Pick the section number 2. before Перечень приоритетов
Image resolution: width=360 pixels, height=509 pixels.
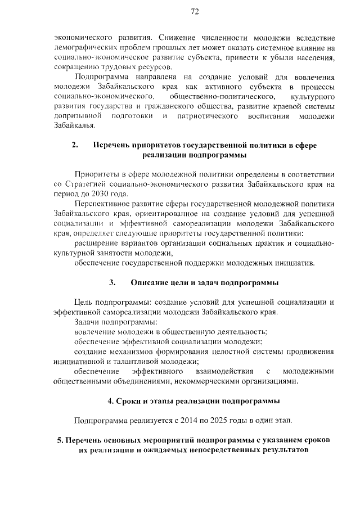coord(75,145)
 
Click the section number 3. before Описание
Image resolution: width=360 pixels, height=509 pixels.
coord(112,282)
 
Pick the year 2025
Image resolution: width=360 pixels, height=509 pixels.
coord(213,420)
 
